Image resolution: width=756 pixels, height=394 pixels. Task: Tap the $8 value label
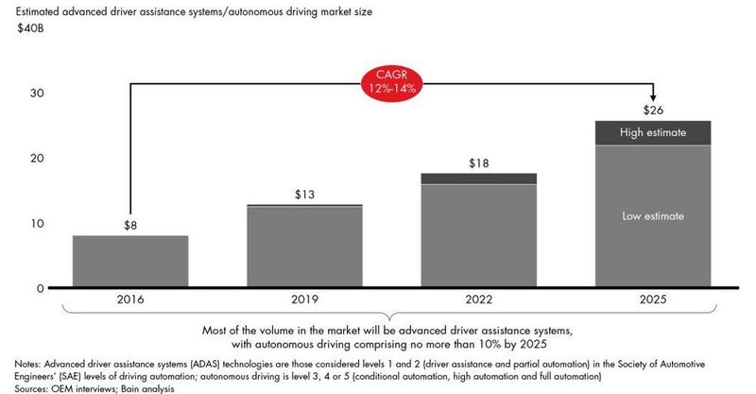pyautogui.click(x=130, y=225)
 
